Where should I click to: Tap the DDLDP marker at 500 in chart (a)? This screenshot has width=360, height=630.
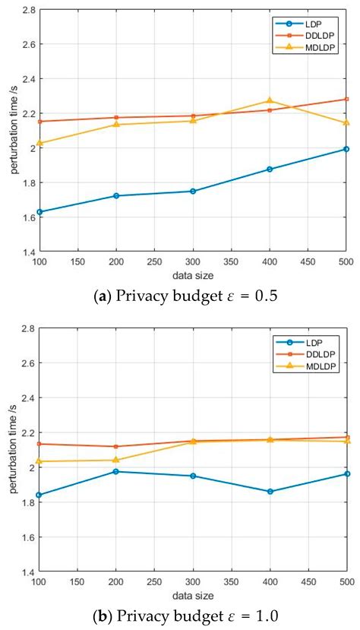pyautogui.click(x=346, y=99)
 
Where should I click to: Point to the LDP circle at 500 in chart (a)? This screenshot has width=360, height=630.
pyautogui.click(x=346, y=149)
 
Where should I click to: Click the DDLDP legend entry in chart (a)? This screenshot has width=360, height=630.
pyautogui.click(x=323, y=35)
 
